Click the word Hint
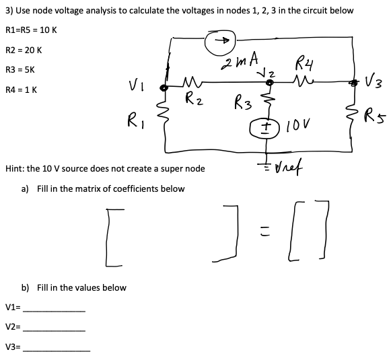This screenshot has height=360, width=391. [x=15, y=168]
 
